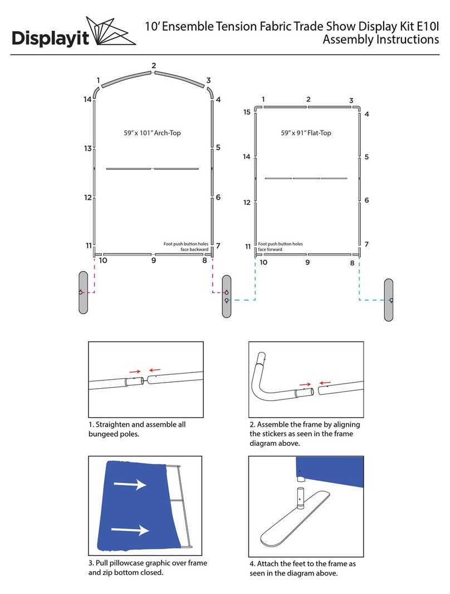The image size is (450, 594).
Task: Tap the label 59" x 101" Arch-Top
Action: point(152,133)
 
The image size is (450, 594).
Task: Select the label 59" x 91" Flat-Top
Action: point(306,133)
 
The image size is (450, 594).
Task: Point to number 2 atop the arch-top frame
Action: point(153,66)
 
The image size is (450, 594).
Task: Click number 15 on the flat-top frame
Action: point(247,112)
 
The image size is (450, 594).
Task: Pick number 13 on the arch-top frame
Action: point(88,148)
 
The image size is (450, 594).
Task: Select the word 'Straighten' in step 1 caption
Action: point(115,424)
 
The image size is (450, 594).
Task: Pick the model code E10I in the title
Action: point(424,25)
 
